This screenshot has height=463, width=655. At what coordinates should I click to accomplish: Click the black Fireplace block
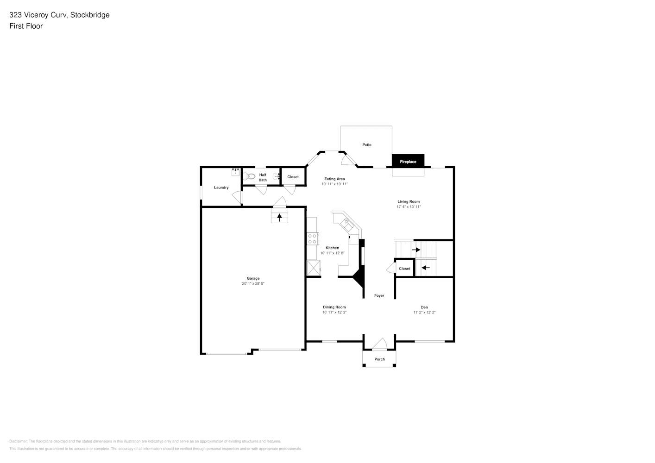(408, 161)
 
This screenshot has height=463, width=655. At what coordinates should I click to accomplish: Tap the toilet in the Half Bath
(249, 176)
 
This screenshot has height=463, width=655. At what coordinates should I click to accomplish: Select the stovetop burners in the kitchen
(312, 238)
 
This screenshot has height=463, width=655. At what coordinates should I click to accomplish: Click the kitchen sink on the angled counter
(347, 225)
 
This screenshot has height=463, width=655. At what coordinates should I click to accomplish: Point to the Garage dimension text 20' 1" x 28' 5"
(253, 283)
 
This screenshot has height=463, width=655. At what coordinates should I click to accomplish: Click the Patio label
(367, 144)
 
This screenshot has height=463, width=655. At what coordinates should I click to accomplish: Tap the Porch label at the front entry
(379, 359)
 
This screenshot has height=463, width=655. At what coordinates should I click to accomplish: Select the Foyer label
(379, 295)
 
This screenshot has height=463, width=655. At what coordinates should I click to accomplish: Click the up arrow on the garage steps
(279, 217)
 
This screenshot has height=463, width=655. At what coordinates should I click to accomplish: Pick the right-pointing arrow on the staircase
(416, 250)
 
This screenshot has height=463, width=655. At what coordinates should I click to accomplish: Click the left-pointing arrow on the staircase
(425, 268)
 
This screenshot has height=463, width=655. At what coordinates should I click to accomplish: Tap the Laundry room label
(221, 188)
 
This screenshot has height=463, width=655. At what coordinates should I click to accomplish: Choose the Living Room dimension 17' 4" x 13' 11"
(409, 206)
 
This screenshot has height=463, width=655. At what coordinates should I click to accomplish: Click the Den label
(424, 307)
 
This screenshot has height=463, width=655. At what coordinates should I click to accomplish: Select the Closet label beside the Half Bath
(293, 177)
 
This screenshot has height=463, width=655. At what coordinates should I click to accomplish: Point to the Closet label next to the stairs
(404, 269)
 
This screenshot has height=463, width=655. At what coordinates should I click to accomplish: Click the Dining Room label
(334, 307)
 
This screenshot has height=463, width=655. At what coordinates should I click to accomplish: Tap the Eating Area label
(334, 179)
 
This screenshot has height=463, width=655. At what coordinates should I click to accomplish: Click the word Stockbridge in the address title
(90, 15)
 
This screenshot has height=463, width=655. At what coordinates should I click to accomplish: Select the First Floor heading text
(26, 26)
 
